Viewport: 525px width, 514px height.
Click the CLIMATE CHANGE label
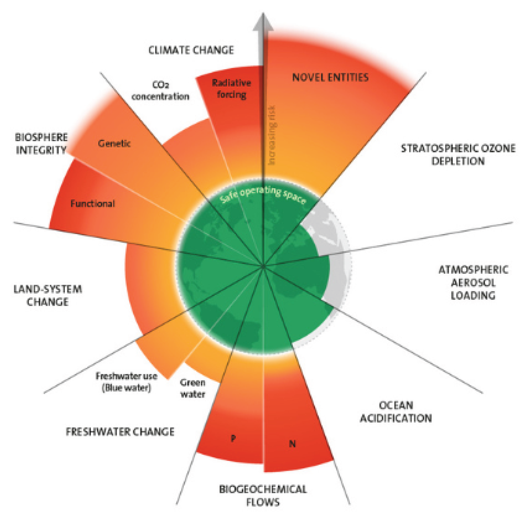(191, 50)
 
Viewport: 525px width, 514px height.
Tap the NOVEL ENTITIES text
(330, 77)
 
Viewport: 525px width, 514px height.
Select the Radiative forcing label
(231, 89)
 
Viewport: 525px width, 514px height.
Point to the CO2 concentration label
(160, 91)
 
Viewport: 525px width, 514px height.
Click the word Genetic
(114, 143)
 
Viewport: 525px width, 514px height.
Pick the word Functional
(93, 203)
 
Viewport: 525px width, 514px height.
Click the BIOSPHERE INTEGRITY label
(41, 144)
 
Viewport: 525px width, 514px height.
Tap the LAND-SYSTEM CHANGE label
(48, 295)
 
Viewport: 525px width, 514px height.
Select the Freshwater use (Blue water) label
(126, 382)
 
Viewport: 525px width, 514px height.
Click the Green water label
(193, 388)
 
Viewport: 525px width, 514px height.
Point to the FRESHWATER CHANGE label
(120, 431)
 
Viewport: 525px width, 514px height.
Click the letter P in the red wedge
(233, 438)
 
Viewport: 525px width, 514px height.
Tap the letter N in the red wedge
(292, 444)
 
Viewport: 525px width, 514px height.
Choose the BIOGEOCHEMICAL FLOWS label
(263, 495)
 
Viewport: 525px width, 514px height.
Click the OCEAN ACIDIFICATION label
(396, 412)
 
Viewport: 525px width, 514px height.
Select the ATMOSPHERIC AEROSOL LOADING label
(473, 282)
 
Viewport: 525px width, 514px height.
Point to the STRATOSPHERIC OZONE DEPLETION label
(458, 155)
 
